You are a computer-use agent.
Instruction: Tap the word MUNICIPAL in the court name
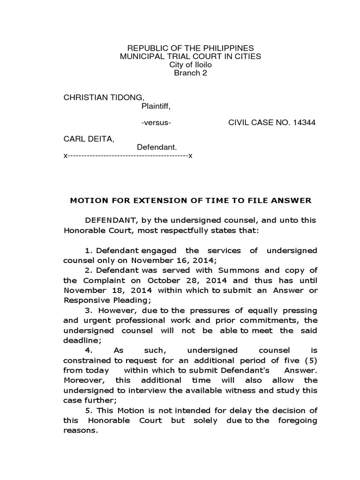[x=141, y=57]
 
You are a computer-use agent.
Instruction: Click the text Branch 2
[x=190, y=73]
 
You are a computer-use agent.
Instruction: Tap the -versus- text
[x=156, y=123]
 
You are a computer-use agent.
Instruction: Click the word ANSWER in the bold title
[x=294, y=201]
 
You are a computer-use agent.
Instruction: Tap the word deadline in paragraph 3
[x=81, y=340]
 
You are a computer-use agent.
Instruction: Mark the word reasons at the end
[x=80, y=430]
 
